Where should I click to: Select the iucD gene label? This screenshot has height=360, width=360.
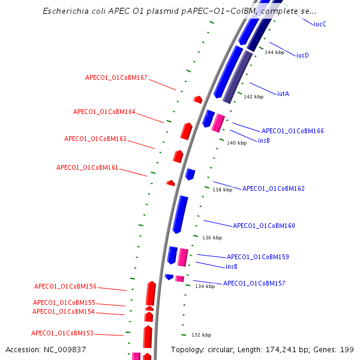(302, 55)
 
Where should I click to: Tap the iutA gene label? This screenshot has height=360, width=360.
(283, 94)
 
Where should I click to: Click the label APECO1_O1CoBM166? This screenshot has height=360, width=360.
(292, 131)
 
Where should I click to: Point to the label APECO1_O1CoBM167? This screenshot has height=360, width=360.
(116, 78)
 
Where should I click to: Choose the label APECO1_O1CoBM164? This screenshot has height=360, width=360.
(104, 112)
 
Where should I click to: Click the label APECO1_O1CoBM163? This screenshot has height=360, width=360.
(95, 139)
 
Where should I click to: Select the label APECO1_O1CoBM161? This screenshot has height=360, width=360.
(87, 167)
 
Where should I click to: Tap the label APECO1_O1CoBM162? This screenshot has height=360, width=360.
(273, 188)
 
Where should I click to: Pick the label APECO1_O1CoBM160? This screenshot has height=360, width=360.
(263, 226)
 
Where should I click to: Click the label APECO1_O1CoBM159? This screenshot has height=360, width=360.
(257, 257)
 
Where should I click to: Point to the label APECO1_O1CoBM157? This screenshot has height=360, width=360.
(254, 283)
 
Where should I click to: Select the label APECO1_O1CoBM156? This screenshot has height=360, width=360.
(65, 287)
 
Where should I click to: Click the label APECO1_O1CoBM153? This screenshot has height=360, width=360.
(62, 333)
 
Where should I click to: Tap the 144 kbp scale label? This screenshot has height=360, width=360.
(274, 53)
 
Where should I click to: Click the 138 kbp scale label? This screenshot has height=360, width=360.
(222, 190)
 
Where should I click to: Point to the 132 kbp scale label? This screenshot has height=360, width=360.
(201, 335)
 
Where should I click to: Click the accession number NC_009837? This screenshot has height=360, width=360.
(45, 349)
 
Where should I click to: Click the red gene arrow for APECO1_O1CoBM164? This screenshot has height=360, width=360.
(187, 130)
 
